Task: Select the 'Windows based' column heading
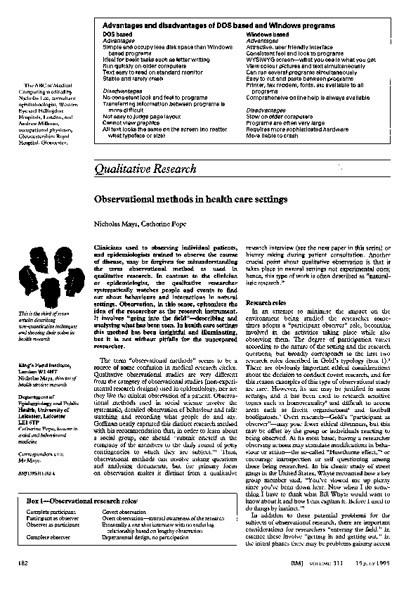coord(268,34)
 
